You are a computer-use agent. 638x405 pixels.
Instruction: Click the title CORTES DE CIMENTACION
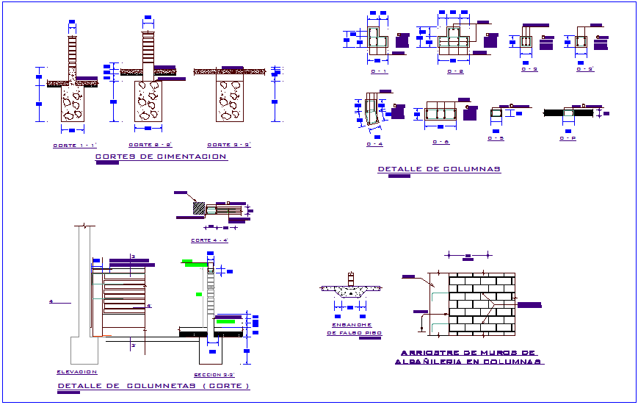[162, 157]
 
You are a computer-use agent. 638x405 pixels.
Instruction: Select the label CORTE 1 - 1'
[75, 145]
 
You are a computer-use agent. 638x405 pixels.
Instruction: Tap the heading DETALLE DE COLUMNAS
[439, 169]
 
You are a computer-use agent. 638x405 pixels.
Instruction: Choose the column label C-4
[374, 144]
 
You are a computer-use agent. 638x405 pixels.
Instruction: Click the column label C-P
[568, 138]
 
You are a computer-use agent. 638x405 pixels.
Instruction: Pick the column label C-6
[441, 142]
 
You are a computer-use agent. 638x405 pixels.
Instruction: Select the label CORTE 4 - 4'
[209, 240]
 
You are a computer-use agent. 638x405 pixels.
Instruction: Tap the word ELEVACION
[76, 372]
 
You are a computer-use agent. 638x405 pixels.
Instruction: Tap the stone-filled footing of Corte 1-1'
[73, 104]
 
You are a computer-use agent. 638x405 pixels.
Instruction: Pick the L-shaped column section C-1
[379, 41]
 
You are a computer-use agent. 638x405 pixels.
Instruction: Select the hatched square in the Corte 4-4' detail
[199, 209]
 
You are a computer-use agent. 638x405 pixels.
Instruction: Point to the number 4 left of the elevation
[51, 301]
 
